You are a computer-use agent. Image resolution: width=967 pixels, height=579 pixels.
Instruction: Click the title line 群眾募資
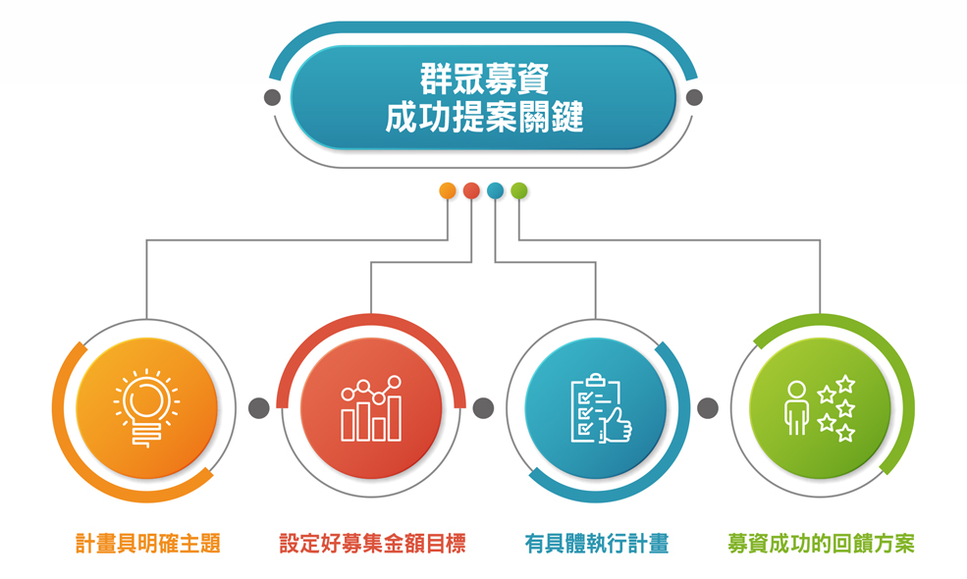(x=484, y=79)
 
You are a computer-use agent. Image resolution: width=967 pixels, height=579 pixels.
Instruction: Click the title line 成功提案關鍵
(x=484, y=117)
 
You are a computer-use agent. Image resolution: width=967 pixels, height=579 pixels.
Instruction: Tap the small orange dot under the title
(x=448, y=190)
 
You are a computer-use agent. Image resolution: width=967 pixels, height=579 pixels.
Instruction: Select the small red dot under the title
(x=472, y=190)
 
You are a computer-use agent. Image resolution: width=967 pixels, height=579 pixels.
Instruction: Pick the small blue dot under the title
(x=495, y=190)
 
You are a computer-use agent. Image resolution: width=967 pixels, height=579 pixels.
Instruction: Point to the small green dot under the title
(x=519, y=190)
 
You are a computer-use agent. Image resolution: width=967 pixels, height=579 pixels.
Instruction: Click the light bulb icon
(x=147, y=407)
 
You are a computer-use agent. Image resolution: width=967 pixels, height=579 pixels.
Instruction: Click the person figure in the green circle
(x=796, y=407)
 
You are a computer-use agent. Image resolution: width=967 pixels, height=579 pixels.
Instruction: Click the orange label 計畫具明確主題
(x=148, y=544)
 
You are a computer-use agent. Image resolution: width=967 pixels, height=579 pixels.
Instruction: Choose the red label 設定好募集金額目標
(x=372, y=544)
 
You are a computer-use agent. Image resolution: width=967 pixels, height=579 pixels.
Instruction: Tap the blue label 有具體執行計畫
(x=597, y=544)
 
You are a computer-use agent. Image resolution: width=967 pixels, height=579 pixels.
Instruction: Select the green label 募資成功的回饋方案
(x=821, y=544)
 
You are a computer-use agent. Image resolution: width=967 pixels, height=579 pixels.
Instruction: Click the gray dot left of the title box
(x=272, y=97)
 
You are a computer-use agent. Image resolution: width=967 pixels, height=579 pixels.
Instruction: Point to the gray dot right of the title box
(x=694, y=97)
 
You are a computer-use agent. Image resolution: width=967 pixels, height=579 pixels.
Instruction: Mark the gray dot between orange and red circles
(x=259, y=407)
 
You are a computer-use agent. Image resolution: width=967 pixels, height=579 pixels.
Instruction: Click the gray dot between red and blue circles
(x=483, y=407)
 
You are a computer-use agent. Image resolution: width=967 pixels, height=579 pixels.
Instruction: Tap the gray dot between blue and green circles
(x=708, y=407)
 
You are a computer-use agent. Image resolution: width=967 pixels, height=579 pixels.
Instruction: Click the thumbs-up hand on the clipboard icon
(x=616, y=426)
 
